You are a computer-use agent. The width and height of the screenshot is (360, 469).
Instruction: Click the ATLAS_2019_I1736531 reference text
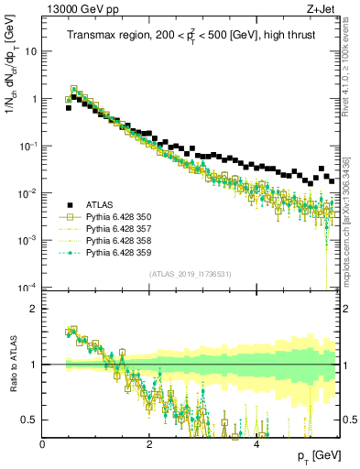pos(191,274)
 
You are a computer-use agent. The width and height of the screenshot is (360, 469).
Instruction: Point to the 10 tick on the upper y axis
pos(29,51)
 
